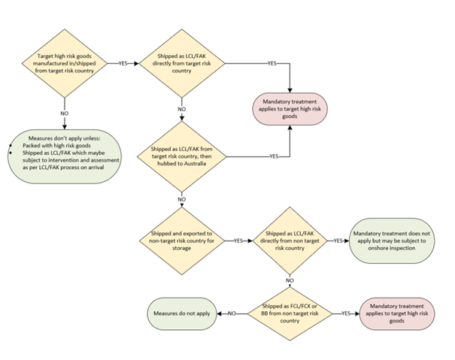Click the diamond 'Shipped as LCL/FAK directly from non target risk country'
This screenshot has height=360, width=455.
[x=290, y=241]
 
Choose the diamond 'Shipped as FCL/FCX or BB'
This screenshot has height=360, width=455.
[x=290, y=312]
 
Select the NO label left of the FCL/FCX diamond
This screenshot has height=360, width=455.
[x=232, y=312]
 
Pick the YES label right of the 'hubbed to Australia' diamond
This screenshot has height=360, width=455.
[x=275, y=157]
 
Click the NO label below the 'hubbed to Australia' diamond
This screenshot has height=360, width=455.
[x=181, y=200]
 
